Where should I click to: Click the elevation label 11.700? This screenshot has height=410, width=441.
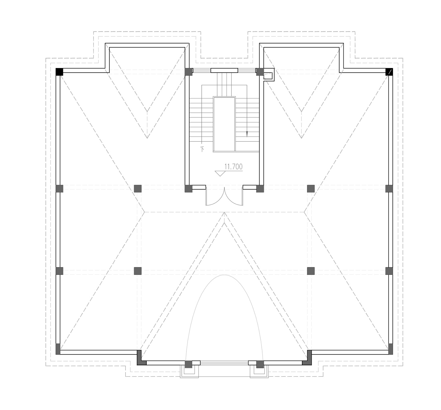point(233,167)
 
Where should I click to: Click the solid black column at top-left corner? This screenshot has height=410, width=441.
point(59,72)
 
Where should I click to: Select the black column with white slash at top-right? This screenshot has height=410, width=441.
point(389,72)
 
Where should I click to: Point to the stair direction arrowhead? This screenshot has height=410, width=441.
point(247,134)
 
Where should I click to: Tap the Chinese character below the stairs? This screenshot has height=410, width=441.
point(202,149)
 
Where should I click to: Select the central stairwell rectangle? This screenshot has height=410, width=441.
point(224,124)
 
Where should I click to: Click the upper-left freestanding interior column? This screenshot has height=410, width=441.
point(138,189)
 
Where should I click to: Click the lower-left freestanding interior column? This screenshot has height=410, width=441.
point(138,271)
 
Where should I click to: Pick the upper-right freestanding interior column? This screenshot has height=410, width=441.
point(311,189)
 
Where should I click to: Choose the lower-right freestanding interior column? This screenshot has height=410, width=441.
point(311,271)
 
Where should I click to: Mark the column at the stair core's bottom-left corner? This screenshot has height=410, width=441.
point(188,189)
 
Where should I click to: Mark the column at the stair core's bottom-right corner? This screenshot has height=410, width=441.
point(260,189)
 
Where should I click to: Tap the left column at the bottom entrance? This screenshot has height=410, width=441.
point(188,364)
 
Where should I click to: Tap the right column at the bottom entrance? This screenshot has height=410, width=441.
point(260,364)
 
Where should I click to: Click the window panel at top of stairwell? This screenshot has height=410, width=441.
point(224,71)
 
